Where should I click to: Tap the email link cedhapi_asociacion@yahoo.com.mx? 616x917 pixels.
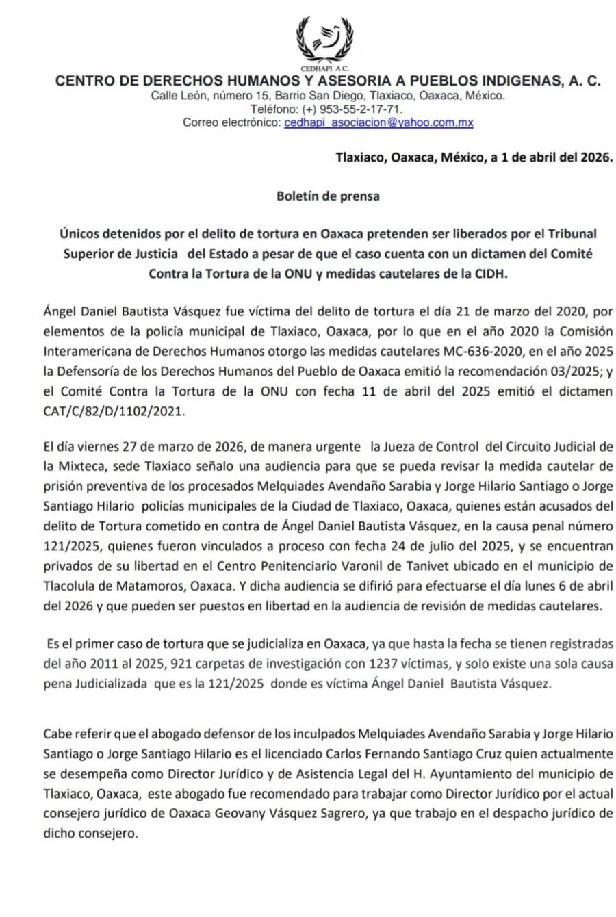pyautogui.click(x=378, y=122)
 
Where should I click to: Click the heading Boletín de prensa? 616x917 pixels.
pyautogui.click(x=328, y=196)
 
